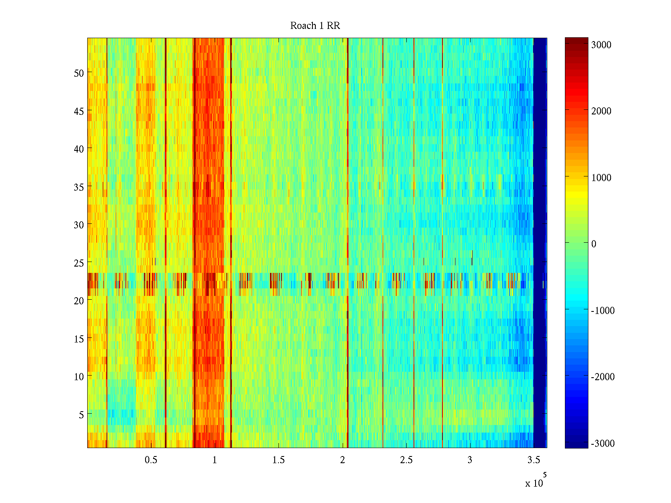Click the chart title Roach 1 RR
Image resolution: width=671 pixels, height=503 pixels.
pos(315,26)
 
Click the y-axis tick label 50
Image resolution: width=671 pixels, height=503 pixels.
pos(79,73)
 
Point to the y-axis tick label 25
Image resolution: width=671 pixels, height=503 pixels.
pos(79,263)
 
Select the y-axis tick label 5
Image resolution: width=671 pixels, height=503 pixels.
pos(81,415)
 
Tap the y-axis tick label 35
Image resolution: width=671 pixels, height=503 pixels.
pos(79,187)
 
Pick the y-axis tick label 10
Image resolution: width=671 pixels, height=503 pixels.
pos(79,377)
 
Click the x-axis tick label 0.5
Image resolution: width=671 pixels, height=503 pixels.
pos(151,460)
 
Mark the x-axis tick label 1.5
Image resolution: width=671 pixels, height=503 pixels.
pos(278,460)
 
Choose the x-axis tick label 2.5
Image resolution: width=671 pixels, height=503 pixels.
pos(406,460)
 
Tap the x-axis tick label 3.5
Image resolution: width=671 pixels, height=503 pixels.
pos(533,460)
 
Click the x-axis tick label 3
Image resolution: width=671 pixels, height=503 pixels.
pos(470,460)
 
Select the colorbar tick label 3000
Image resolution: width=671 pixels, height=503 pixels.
pos(601,45)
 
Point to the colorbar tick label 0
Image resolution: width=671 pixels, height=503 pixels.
pos(594,244)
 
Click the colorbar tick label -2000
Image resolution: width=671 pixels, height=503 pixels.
pos(603,377)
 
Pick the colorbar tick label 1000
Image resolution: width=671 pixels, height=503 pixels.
pos(601,178)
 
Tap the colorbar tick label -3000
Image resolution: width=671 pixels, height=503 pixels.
pos(603,443)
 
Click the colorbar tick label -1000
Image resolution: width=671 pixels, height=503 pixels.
pos(603,311)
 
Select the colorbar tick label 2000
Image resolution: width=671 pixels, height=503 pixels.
pos(601,111)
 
